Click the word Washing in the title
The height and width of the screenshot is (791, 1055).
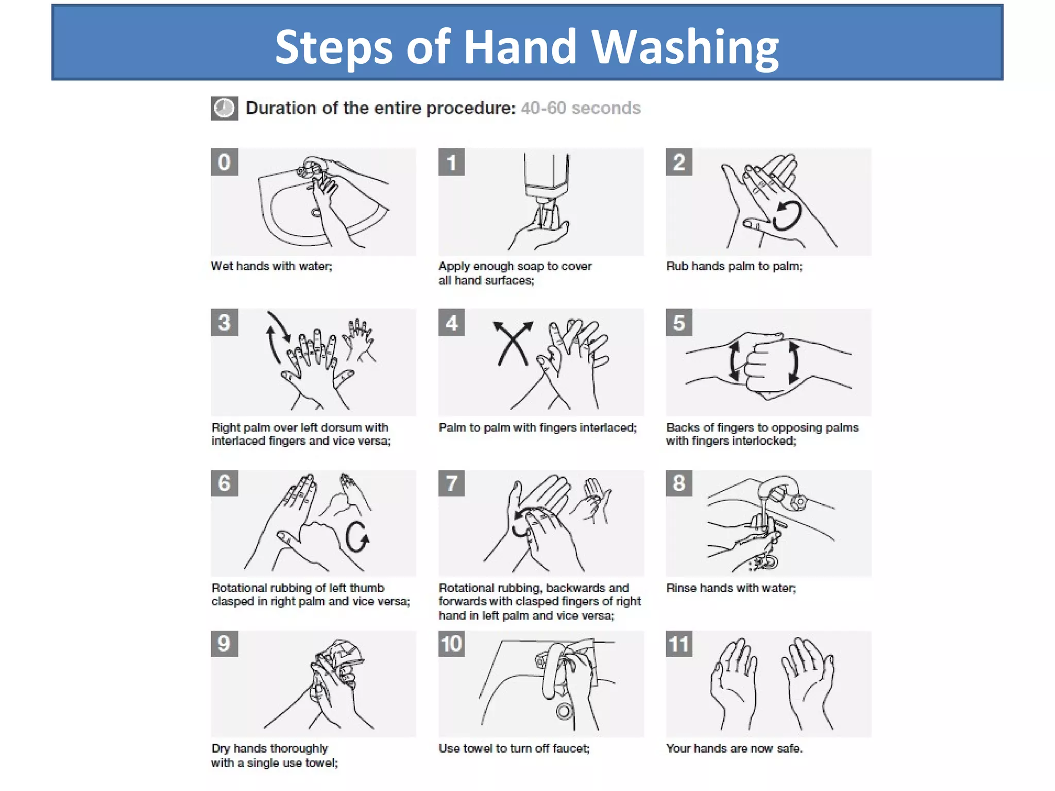click(x=685, y=47)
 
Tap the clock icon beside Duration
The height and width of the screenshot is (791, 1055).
click(x=224, y=108)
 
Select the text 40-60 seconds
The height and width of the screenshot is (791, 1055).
click(x=581, y=108)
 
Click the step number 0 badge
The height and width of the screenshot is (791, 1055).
click(x=224, y=162)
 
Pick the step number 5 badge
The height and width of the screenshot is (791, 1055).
click(x=679, y=323)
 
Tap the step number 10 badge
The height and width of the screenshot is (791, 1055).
click(x=451, y=644)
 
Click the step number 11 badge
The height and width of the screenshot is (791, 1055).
click(x=679, y=644)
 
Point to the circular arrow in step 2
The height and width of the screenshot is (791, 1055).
click(x=787, y=216)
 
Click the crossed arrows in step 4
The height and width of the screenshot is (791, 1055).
click(x=513, y=343)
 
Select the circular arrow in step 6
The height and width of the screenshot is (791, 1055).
click(x=357, y=537)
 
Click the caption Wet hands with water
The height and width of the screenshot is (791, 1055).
click(x=271, y=266)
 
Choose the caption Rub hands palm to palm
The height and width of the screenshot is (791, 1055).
click(x=734, y=266)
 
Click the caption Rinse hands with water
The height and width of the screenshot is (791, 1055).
click(x=731, y=588)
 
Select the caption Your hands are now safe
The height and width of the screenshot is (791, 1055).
click(x=734, y=748)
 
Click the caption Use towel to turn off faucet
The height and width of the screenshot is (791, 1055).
click(x=514, y=748)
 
